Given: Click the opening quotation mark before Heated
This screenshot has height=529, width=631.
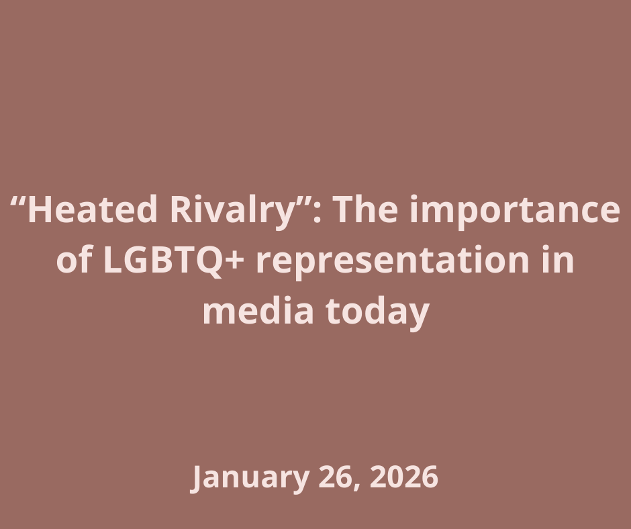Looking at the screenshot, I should tap(18, 201).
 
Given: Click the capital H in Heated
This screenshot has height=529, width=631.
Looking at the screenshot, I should tap(40, 211).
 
